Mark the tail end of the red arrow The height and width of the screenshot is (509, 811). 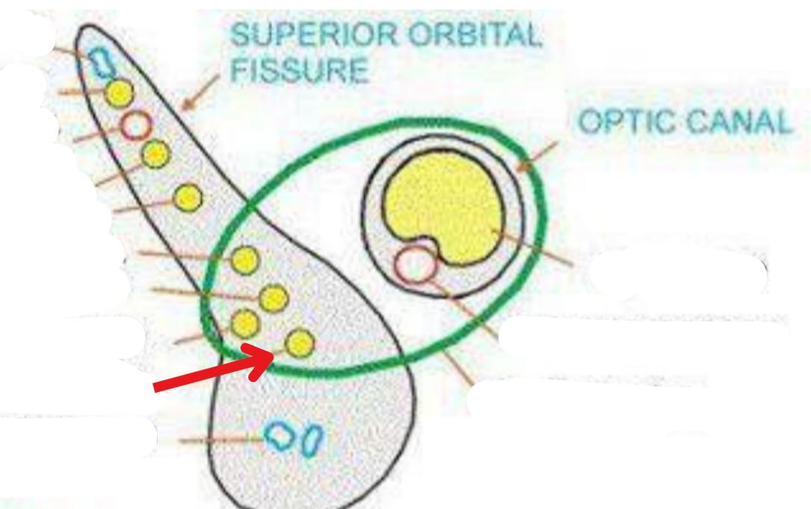tap(156, 386)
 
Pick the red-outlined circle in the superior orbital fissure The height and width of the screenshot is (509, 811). tap(136, 126)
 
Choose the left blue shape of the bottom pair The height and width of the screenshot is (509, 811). tap(282, 434)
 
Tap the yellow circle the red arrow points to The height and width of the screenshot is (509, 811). tap(300, 342)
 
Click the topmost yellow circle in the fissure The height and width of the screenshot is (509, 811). tap(119, 93)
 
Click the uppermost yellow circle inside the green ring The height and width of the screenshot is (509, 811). tap(244, 260)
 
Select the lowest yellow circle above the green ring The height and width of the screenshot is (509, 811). tap(187, 197)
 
